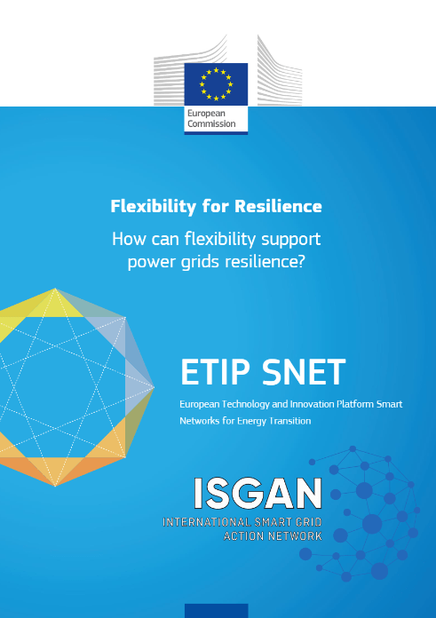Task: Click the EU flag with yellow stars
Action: point(216,84)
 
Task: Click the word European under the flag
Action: point(206,114)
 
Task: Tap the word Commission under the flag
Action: point(211,123)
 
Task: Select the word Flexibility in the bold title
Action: point(153,207)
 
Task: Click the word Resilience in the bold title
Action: point(278,206)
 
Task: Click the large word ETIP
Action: point(215,372)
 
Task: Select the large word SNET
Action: point(304,372)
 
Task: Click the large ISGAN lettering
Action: point(258,494)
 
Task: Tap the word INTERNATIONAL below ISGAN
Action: point(207,522)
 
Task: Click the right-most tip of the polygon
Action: point(155,387)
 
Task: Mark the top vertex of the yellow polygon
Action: point(55,289)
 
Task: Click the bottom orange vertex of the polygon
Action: point(55,486)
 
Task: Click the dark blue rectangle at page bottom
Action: point(217,611)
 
